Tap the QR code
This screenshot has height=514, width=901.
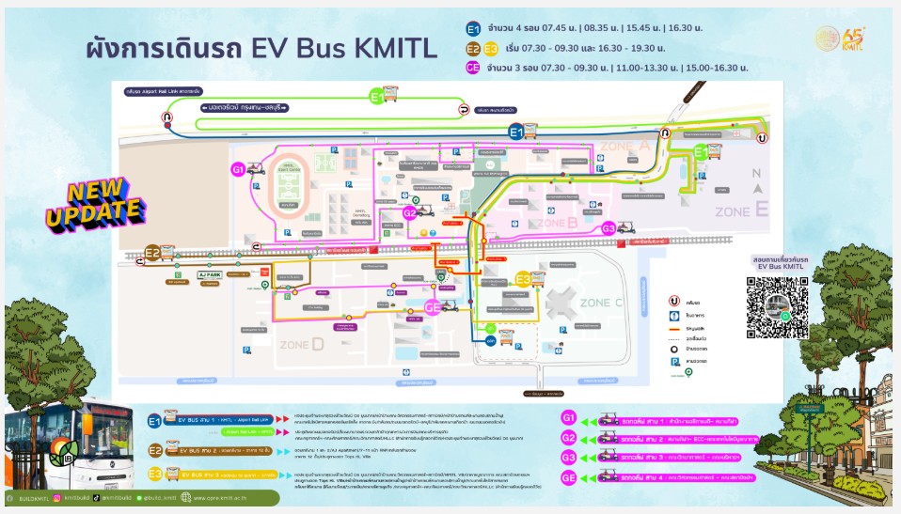tap(777, 307)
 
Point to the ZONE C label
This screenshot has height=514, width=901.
tap(602, 303)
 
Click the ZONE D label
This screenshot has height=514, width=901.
tap(303, 344)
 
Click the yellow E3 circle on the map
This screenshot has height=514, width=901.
tap(522, 278)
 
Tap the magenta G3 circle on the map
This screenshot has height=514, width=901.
tap(609, 228)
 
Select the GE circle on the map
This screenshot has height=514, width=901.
tap(434, 306)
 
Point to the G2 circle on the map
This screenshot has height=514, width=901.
tap(409, 213)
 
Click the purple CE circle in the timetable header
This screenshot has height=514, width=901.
tap(473, 68)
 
